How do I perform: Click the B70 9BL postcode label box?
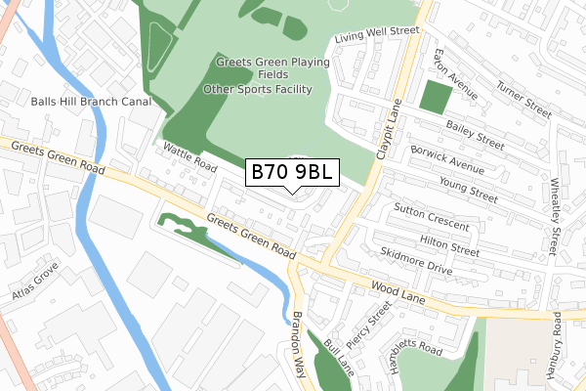pyautogui.click(x=292, y=173)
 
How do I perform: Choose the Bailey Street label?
pyautogui.click(x=475, y=133)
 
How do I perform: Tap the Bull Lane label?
pyautogui.click(x=338, y=360)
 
